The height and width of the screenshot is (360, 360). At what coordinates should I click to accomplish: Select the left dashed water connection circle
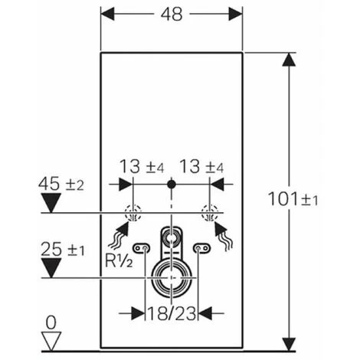click(x=133, y=214)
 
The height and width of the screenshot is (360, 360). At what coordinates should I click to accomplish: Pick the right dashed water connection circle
click(x=207, y=214)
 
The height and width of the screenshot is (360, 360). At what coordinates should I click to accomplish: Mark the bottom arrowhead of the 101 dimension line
click(x=288, y=346)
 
